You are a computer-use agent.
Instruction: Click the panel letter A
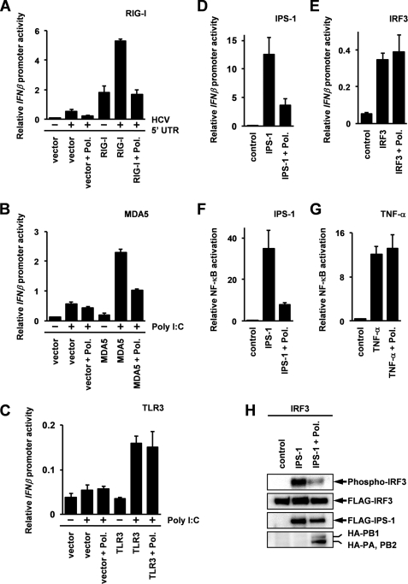point(7,8)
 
